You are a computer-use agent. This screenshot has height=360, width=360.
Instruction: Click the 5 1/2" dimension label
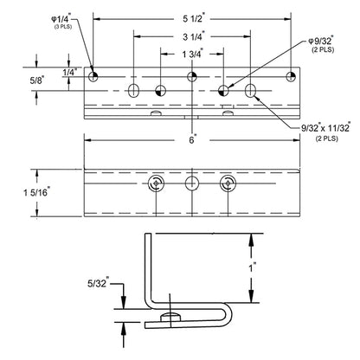[x=194, y=18]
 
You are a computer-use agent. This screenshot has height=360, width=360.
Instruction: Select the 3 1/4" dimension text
[x=194, y=36]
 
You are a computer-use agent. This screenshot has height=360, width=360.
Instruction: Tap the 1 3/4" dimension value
[x=193, y=54]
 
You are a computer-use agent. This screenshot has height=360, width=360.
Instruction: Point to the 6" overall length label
[x=193, y=140]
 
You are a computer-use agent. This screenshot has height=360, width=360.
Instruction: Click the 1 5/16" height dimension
[x=37, y=192]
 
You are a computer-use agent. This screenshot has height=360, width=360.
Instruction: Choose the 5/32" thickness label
[x=99, y=283]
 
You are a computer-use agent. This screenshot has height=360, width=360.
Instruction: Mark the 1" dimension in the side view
[x=253, y=267]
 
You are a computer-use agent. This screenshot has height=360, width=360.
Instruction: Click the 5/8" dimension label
[x=36, y=80]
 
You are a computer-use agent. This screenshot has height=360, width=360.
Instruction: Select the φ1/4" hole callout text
[x=61, y=19]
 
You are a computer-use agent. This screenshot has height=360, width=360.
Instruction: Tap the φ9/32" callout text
[x=321, y=41]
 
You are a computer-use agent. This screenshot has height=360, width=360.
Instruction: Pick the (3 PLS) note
[x=63, y=27]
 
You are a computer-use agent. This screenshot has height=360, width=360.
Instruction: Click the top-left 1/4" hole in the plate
[x=93, y=77]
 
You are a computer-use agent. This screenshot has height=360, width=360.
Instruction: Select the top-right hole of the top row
[x=291, y=77]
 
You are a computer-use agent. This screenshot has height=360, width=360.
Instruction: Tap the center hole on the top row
[x=192, y=77]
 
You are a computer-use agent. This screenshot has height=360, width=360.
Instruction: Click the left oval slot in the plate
[x=133, y=91]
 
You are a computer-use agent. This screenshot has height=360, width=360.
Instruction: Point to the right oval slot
[x=250, y=91]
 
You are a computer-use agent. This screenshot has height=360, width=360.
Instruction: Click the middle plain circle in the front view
[x=192, y=183]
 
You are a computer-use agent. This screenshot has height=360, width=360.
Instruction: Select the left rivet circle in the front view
[x=156, y=183]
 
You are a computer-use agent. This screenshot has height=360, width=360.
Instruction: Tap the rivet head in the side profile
[x=170, y=317]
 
